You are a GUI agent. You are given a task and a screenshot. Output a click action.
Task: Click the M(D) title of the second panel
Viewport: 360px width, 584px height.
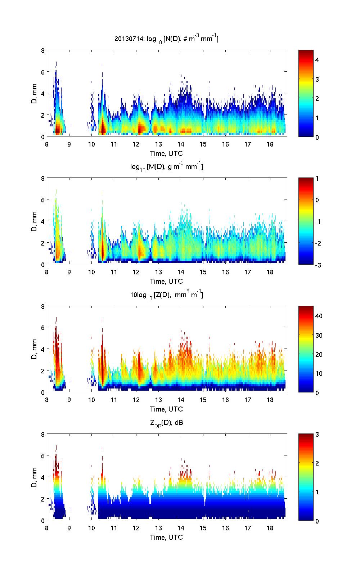click(167, 167)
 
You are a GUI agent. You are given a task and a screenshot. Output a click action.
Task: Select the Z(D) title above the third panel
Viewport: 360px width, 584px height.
click(167, 295)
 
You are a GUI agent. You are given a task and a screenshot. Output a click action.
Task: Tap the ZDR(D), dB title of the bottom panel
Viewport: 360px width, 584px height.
click(167, 423)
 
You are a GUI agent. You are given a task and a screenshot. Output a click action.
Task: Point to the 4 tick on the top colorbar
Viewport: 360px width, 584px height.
click(317, 60)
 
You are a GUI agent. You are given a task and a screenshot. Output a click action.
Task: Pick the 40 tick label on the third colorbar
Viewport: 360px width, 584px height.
click(319, 316)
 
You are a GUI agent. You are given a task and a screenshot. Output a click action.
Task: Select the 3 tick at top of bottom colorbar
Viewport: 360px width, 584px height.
click(317, 435)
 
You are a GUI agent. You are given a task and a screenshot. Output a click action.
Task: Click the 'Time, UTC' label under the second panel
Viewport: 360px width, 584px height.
click(166, 281)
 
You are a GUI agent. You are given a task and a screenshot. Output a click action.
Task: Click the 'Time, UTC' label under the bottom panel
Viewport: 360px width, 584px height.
click(166, 537)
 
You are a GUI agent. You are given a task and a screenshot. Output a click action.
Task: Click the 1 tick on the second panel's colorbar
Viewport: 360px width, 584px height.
click(317, 179)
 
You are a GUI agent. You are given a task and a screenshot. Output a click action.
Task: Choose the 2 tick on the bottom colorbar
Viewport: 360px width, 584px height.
click(317, 463)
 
